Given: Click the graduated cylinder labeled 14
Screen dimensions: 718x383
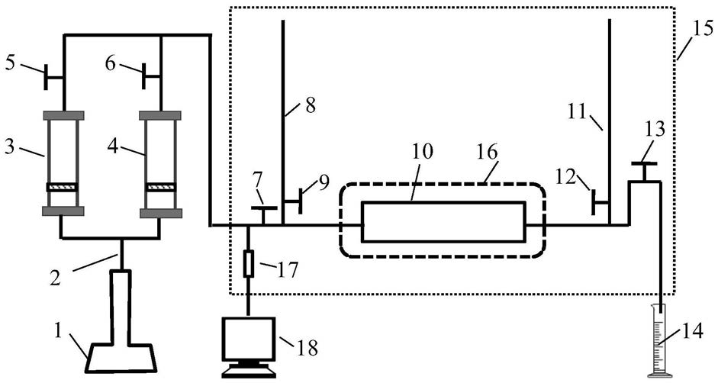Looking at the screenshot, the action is click(660, 341).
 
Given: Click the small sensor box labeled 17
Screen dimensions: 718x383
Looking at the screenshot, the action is click(248, 263).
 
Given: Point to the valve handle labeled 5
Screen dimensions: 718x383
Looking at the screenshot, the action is click(47, 77).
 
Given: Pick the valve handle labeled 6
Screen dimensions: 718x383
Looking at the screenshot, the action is click(143, 77).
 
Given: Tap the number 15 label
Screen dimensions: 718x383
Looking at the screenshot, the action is click(704, 31).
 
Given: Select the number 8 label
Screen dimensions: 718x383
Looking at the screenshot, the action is click(310, 105).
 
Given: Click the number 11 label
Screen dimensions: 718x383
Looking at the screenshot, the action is click(578, 111).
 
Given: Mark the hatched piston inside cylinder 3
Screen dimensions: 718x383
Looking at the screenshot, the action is click(63, 187).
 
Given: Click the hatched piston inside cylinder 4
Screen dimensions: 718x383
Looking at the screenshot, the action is click(160, 187).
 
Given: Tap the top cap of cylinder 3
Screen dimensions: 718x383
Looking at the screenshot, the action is click(63, 115).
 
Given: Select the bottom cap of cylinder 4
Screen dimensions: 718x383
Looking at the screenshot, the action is click(161, 213).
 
